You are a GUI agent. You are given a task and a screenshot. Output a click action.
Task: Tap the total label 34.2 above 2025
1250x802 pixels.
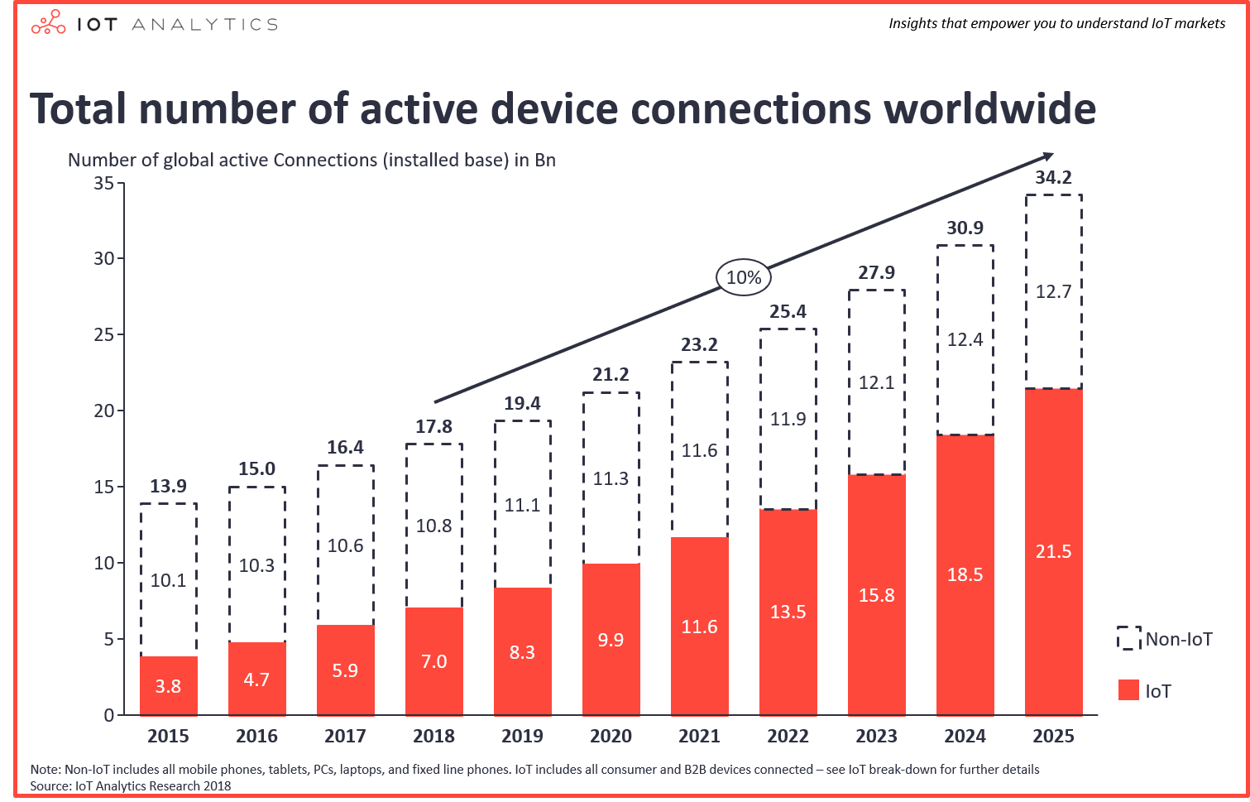click(x=1053, y=177)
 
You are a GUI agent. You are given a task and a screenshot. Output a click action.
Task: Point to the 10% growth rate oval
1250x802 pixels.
click(x=744, y=278)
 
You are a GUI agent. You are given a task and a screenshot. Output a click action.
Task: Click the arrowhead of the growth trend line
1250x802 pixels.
click(x=1048, y=156)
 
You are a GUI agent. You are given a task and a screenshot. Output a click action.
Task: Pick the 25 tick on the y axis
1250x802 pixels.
click(x=104, y=334)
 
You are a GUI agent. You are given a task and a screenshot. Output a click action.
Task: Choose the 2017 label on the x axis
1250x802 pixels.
click(x=345, y=736)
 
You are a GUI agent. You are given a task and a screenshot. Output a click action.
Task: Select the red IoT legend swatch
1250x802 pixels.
click(x=1128, y=690)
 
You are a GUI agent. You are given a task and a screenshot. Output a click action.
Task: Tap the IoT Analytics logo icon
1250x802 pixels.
click(x=48, y=23)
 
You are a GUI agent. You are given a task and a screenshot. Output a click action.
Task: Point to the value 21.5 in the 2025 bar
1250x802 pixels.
click(x=1053, y=551)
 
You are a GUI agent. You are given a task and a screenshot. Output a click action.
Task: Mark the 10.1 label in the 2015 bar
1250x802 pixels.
click(x=168, y=580)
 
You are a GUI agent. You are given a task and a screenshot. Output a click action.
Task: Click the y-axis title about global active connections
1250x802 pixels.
click(x=311, y=160)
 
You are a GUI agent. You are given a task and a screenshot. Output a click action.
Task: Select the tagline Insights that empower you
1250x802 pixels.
click(x=1056, y=23)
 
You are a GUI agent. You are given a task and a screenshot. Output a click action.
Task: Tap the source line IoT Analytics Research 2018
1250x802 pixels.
click(x=131, y=785)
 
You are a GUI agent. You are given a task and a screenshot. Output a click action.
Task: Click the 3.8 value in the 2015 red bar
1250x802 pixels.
click(x=168, y=685)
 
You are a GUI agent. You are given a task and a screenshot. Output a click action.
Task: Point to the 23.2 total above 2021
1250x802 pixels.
click(x=699, y=344)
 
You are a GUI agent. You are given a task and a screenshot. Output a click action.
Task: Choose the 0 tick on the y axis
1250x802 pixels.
click(x=109, y=715)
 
